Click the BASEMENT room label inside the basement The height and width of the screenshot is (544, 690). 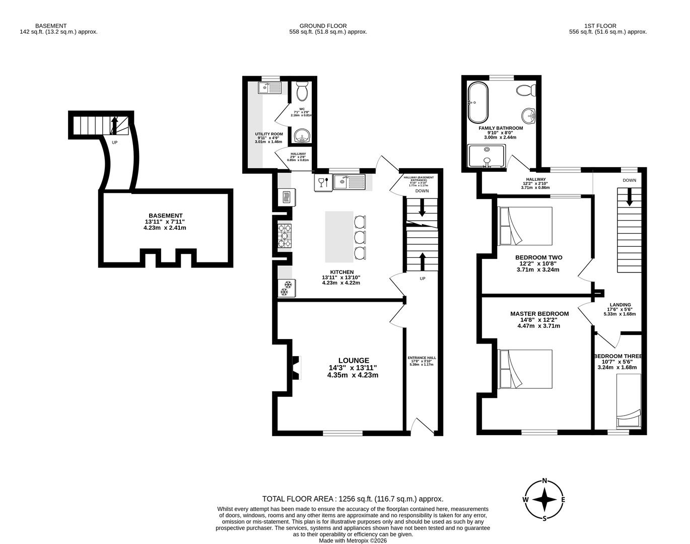click(x=165, y=216)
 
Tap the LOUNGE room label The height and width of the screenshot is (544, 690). click(x=353, y=361)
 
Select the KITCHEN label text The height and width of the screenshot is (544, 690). click(x=341, y=272)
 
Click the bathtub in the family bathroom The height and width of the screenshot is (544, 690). click(x=476, y=103)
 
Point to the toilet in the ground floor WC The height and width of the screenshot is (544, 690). click(x=302, y=92)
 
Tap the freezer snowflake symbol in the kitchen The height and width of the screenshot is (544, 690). click(x=286, y=289)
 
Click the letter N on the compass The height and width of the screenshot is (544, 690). click(x=544, y=481)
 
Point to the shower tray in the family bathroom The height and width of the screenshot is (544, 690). click(x=487, y=156)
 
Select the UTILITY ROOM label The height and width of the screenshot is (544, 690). click(x=268, y=134)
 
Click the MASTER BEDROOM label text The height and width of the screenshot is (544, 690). click(x=539, y=313)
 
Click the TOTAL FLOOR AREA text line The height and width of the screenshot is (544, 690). click(x=353, y=499)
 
